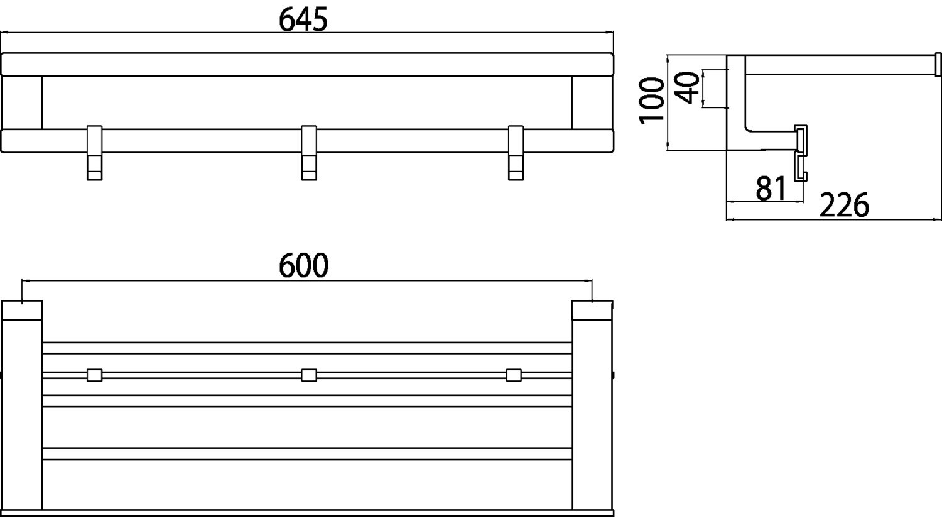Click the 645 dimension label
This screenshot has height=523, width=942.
303,19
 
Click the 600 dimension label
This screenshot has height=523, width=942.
303,265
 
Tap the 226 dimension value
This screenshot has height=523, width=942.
844,206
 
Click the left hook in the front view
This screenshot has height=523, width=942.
95,153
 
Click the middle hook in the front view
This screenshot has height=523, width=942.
309,153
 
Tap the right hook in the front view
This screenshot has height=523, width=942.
516,153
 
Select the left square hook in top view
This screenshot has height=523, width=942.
95,375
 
